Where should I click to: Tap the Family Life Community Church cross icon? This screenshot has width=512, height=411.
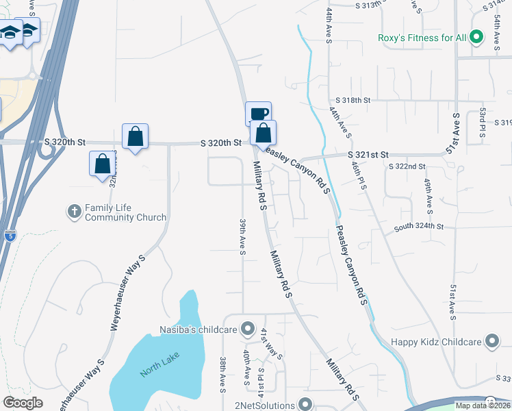click(x=75, y=212)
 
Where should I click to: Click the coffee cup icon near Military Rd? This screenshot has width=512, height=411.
click(x=258, y=114)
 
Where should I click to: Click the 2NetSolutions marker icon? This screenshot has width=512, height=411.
click(x=305, y=405)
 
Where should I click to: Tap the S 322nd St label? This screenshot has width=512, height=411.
click(x=407, y=166)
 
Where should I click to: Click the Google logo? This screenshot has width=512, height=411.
click(x=23, y=403)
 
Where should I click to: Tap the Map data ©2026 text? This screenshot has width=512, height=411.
click(x=482, y=406)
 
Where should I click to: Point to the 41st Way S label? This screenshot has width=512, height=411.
click(x=270, y=343)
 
